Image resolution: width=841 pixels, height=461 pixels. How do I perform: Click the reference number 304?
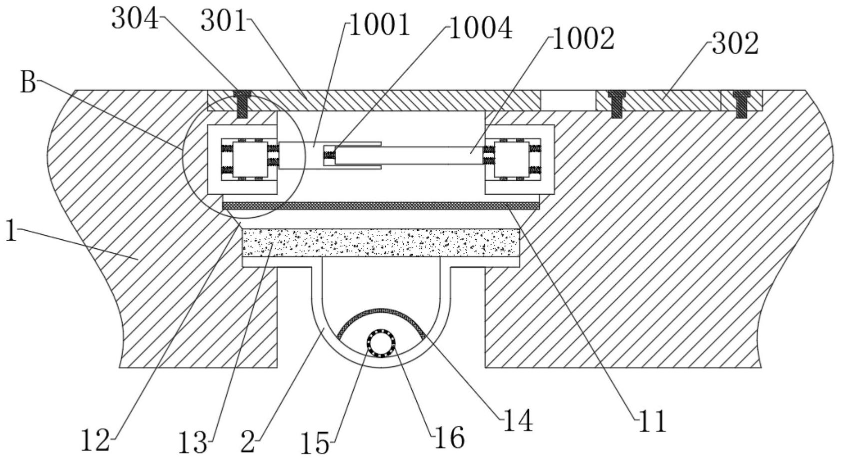(x=136, y=19)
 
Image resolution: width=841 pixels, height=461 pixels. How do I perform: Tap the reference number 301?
(x=224, y=21)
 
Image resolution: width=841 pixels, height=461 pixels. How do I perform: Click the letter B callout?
(x=28, y=83)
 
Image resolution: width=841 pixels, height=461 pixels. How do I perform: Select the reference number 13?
(x=193, y=443)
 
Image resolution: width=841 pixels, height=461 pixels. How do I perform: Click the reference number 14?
(x=518, y=420)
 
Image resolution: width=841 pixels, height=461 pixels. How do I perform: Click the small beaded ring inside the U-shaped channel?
(x=381, y=344)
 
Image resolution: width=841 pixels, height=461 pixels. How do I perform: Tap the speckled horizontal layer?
(x=381, y=242)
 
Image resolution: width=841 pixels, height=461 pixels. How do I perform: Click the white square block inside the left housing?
(x=250, y=159)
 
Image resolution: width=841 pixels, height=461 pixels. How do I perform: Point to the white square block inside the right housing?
(x=512, y=159)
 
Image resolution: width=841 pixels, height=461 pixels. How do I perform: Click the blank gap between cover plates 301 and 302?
(x=568, y=100)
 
